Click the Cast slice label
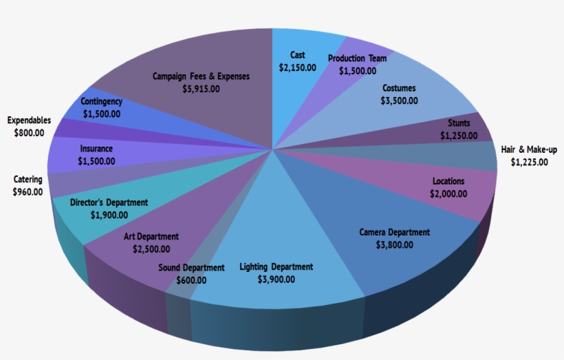click(x=298, y=55)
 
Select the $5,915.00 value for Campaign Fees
click(x=202, y=89)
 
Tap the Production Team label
click(x=357, y=59)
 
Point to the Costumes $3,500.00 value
click(x=399, y=100)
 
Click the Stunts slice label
click(x=459, y=123)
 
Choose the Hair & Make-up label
click(x=529, y=149)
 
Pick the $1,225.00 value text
click(x=529, y=162)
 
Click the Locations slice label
click(x=448, y=181)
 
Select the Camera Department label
click(x=395, y=232)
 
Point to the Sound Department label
click(x=191, y=268)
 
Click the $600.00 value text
click(x=191, y=280)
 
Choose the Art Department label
click(x=151, y=237)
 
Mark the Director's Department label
click(x=109, y=202)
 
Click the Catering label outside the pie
click(x=28, y=180)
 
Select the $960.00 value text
click(x=28, y=192)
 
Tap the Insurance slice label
click(x=96, y=148)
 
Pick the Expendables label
click(x=29, y=120)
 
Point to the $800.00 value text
click(x=29, y=133)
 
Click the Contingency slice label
click(x=101, y=101)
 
